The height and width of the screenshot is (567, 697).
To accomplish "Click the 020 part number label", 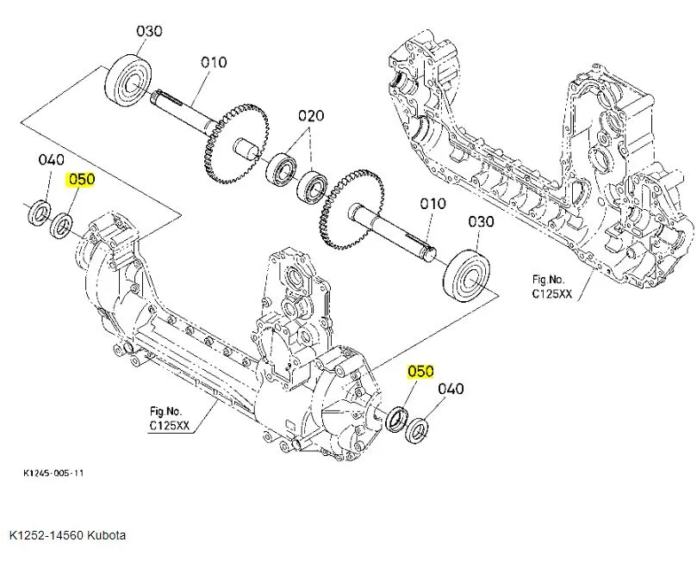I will pyautogui.click(x=311, y=116).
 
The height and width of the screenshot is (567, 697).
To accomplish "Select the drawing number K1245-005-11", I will pyautogui.click(x=53, y=472).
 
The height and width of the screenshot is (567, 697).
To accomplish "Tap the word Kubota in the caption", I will pyautogui.click(x=106, y=535).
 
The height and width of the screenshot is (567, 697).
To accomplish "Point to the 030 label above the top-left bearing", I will pyautogui.click(x=150, y=31).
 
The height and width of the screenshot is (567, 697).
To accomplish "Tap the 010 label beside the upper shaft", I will pyautogui.click(x=213, y=62).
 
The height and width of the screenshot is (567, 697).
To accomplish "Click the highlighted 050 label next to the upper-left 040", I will pyautogui.click(x=82, y=180).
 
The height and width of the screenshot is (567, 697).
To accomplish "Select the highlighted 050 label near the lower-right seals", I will pyautogui.click(x=420, y=372).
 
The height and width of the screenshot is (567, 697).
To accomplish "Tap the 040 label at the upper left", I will pyautogui.click(x=53, y=159).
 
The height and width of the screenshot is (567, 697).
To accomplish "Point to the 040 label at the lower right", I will pyautogui.click(x=451, y=389).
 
